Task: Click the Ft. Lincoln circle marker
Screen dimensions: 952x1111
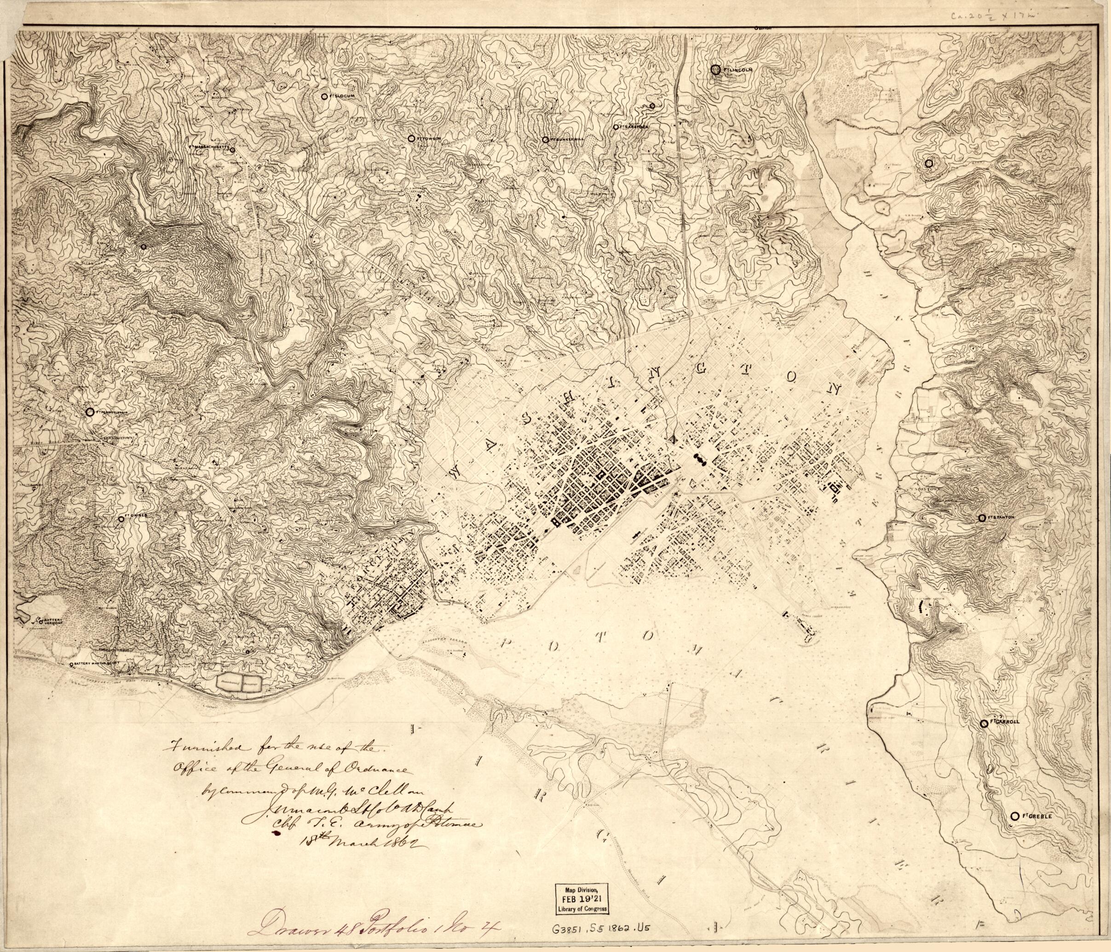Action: point(715,70)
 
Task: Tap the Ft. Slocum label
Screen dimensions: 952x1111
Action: point(341,96)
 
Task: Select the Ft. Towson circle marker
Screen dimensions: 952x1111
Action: point(411,138)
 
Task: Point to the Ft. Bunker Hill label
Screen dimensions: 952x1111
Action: point(568,139)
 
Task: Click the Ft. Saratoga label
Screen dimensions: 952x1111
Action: point(634,127)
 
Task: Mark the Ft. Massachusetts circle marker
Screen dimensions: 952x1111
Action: point(232,150)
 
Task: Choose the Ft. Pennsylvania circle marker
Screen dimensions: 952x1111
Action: point(90,412)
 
